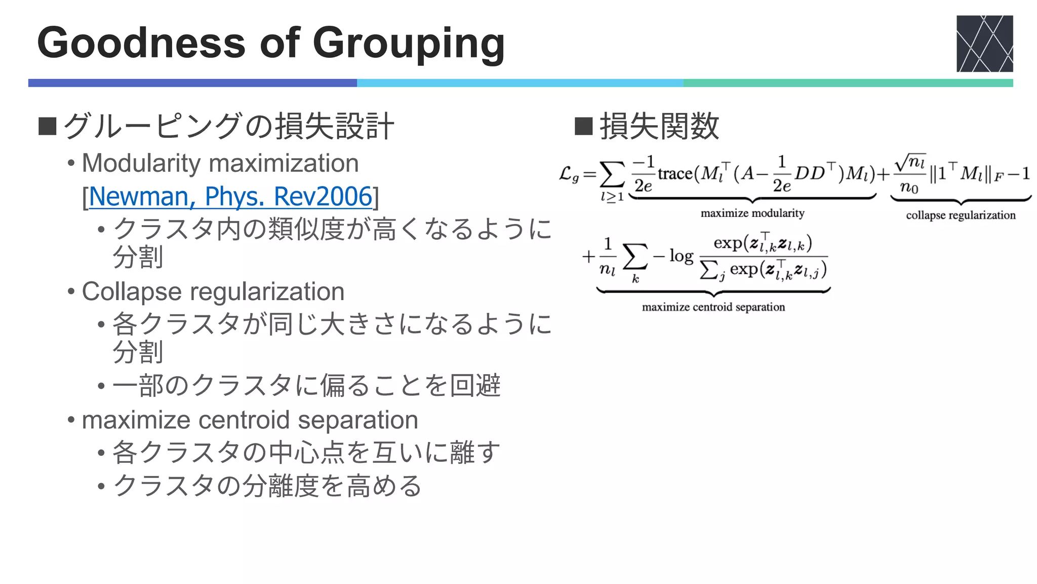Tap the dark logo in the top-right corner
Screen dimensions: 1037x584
click(x=984, y=44)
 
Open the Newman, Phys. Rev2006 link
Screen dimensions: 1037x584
click(x=230, y=196)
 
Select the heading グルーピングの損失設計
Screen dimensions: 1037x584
click(x=228, y=126)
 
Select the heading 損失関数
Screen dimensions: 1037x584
click(x=659, y=126)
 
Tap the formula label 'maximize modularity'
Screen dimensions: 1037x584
click(x=752, y=213)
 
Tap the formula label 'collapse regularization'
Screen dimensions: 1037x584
click(x=961, y=215)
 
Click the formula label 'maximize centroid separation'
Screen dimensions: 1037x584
click(x=713, y=307)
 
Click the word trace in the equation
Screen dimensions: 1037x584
click(x=675, y=174)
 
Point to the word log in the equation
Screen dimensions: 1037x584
click(x=681, y=256)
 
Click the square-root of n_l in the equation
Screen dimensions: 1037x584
click(x=910, y=163)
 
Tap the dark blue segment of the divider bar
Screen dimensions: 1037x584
click(x=192, y=83)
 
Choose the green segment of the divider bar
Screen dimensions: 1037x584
click(x=848, y=83)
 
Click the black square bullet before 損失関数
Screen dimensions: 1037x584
click(x=583, y=126)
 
